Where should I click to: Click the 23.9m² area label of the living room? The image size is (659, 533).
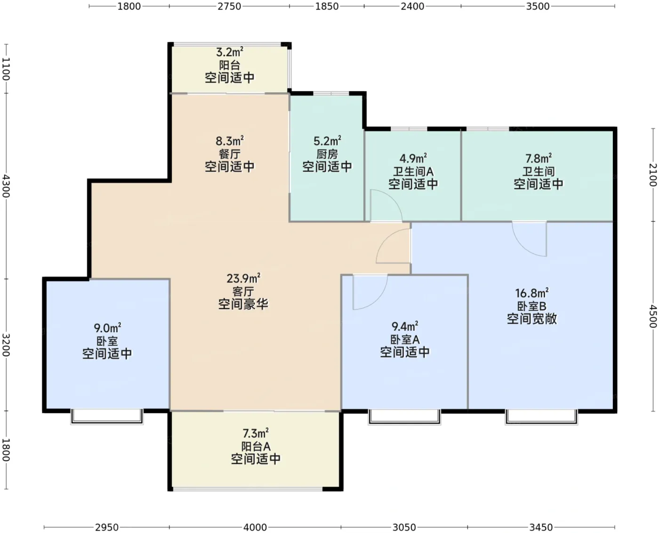tap(243, 279)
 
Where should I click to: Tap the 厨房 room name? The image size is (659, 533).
tap(327, 154)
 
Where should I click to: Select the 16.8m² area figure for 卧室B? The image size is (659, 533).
tap(532, 293)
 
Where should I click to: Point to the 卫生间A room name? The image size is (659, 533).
tap(413, 171)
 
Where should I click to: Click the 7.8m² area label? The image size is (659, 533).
tap(538, 158)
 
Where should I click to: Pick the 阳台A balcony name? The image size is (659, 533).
tap(256, 446)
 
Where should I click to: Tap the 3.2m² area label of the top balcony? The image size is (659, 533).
tap(229, 52)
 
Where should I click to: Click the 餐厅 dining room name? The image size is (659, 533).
tap(229, 154)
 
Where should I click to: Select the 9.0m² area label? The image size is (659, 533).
tap(107, 328)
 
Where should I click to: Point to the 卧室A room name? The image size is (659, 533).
tap(405, 340)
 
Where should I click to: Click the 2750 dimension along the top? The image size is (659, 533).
tap(229, 6)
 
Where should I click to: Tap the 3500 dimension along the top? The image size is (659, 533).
tap(538, 6)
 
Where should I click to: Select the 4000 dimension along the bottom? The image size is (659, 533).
tap(255, 527)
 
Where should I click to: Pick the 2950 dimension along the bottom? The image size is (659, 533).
tap(107, 527)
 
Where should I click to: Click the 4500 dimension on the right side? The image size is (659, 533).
tap(653, 316)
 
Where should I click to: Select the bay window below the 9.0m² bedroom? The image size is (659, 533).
tap(107, 417)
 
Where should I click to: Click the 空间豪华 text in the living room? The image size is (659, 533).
tap(243, 304)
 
